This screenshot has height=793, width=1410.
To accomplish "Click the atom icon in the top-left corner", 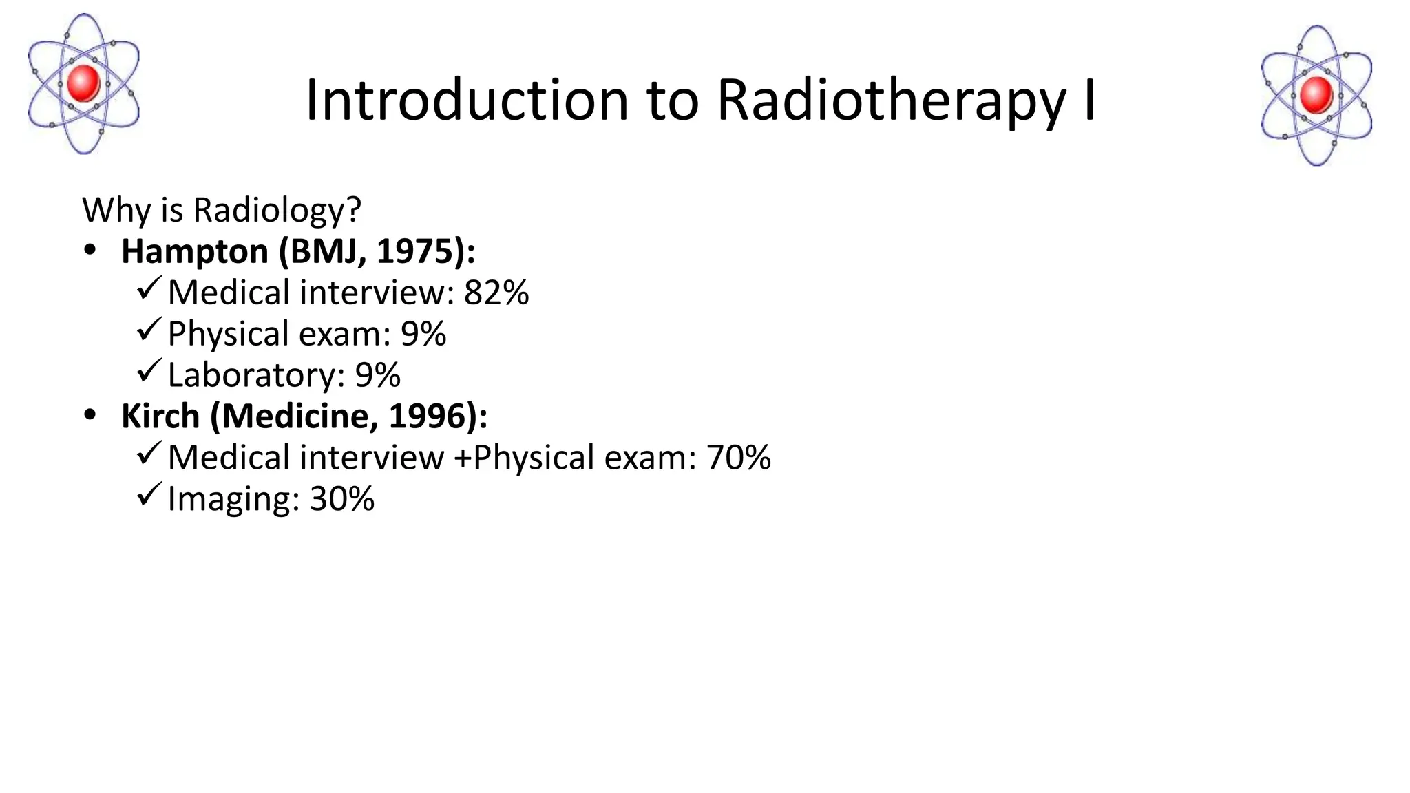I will click(x=83, y=84).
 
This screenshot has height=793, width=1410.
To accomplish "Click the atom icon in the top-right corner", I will click(x=1316, y=96).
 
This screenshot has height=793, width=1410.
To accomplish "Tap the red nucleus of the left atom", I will click(x=84, y=83).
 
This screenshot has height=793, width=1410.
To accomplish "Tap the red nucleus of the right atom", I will click(x=1316, y=95).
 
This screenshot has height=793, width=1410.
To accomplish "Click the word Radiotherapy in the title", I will click(x=892, y=101).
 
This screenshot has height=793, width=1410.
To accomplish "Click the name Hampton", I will click(x=195, y=252).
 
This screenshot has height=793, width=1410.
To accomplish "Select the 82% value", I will click(x=496, y=293).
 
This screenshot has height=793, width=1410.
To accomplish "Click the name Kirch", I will click(x=160, y=416).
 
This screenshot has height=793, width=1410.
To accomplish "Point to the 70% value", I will click(x=738, y=458).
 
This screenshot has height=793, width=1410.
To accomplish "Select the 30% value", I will click(x=342, y=499).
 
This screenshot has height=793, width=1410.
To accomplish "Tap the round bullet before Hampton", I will click(x=90, y=251).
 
